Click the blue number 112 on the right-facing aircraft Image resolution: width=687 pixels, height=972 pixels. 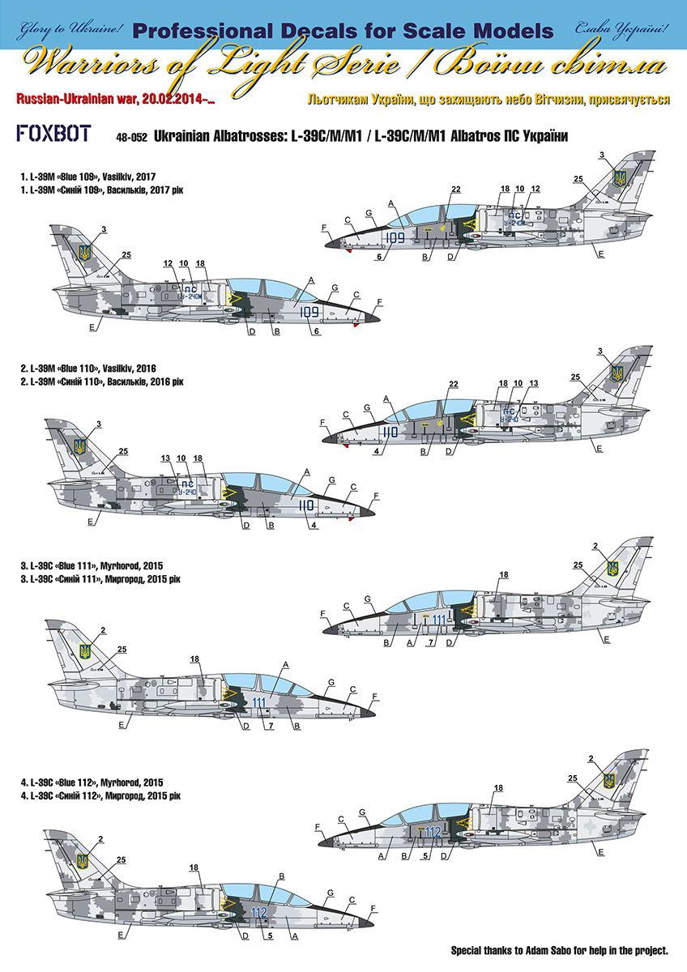(258, 912)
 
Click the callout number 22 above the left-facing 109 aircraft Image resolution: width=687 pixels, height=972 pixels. (456, 190)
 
